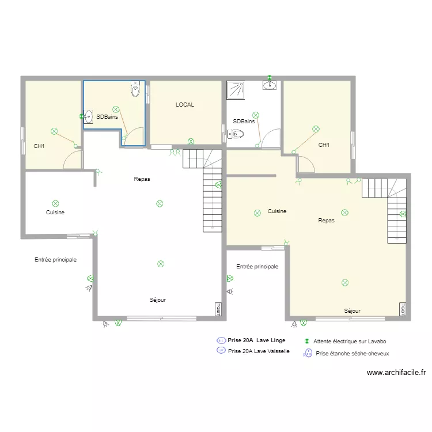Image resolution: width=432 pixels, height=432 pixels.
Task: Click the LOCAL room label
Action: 185,105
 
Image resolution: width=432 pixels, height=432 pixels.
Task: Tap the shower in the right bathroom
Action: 236,90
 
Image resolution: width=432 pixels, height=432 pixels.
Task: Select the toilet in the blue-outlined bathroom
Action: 135,89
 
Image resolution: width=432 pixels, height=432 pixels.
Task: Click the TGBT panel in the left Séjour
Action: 218,309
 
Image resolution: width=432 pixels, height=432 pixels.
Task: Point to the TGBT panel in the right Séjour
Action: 403,309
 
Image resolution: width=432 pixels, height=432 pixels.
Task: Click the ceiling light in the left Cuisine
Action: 55,203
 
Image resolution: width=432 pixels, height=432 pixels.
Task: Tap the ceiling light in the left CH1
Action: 54,131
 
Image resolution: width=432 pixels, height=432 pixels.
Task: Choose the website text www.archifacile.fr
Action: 396,373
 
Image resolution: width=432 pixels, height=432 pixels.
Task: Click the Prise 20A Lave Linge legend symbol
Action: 221,340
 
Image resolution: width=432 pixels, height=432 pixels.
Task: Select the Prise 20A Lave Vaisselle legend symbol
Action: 221,350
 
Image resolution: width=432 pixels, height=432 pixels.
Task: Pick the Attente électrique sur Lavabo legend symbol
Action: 307,342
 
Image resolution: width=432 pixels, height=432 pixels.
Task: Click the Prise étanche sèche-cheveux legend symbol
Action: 308,353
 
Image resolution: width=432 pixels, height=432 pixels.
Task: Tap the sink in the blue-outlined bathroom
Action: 88,117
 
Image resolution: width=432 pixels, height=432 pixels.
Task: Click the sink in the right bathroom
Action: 270,85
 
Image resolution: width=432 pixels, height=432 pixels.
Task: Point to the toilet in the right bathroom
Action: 236,134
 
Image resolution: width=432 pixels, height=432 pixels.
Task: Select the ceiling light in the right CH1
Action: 316,129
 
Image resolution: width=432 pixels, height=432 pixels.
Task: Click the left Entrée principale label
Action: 56,260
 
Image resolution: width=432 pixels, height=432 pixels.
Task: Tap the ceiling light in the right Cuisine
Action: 257,213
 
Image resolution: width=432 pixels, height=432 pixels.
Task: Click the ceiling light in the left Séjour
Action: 161,264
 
